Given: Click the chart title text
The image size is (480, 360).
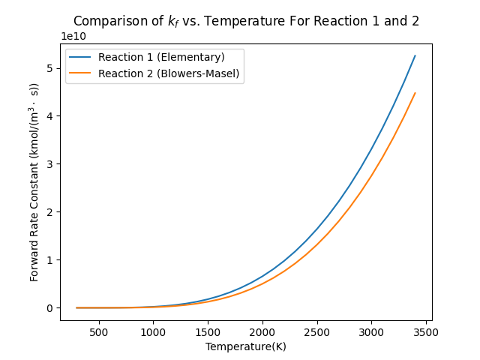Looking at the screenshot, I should (246, 21).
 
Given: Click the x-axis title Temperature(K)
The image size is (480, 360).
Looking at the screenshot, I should (246, 346).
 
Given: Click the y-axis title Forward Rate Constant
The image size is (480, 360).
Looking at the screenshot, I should (34, 181).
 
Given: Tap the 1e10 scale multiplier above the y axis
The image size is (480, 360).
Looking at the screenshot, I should (73, 36).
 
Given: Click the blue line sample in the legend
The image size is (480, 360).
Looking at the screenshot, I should (83, 57).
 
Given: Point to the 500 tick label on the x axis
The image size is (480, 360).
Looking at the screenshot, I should (98, 331).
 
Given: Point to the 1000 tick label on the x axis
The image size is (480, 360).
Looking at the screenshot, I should (153, 331).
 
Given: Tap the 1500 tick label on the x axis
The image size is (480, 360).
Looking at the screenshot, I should (208, 331).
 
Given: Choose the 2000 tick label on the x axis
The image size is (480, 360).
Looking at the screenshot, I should (262, 331).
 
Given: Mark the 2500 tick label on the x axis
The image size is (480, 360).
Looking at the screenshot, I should (316, 331).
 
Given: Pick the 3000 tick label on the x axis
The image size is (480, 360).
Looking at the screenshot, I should (371, 331).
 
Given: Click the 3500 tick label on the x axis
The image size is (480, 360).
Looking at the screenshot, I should (426, 331).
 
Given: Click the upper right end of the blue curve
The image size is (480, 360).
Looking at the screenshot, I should (415, 55).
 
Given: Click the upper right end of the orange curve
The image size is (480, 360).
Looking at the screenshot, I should (415, 93).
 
